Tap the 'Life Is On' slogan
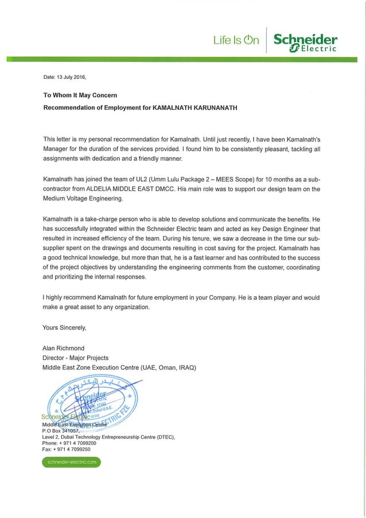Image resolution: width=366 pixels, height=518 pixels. tap(236, 40)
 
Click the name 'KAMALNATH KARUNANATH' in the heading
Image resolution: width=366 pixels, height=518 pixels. tap(190, 107)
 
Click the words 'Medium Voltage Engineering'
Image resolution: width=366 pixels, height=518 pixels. tap(83, 199)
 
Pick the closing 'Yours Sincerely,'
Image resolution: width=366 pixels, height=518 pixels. tap(64, 328)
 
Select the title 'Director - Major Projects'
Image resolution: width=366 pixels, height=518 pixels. tap(75, 358)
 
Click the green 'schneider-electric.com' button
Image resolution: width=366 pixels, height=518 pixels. tap(71, 461)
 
